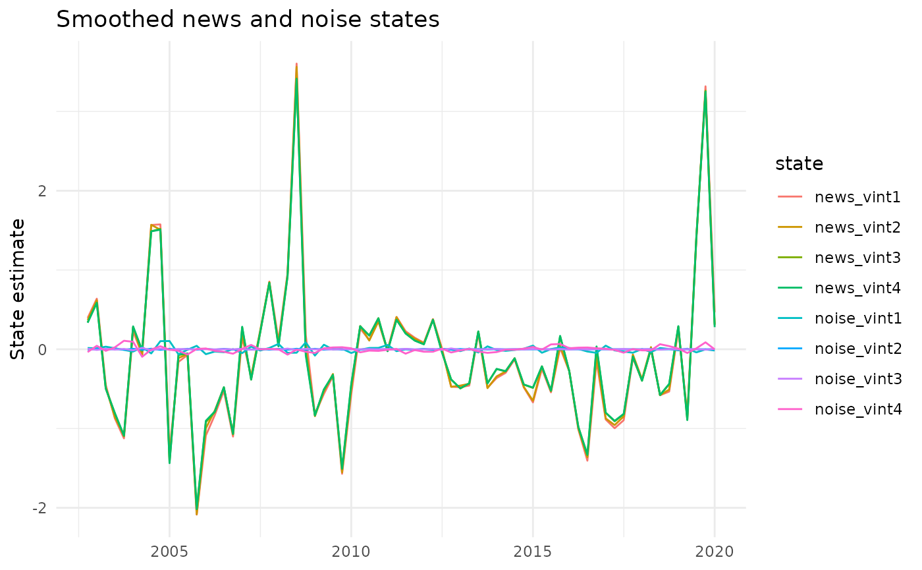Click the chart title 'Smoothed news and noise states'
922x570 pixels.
click(x=248, y=20)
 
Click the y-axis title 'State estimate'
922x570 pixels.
click(x=19, y=289)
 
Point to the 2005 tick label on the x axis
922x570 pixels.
click(x=169, y=551)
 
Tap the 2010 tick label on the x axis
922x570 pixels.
click(x=351, y=551)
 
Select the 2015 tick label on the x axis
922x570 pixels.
click(x=532, y=551)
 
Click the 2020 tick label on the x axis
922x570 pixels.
click(x=714, y=551)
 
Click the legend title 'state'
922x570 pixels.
click(x=800, y=163)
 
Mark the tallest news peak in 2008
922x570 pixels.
click(x=296, y=64)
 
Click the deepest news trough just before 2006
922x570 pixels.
click(x=196, y=513)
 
